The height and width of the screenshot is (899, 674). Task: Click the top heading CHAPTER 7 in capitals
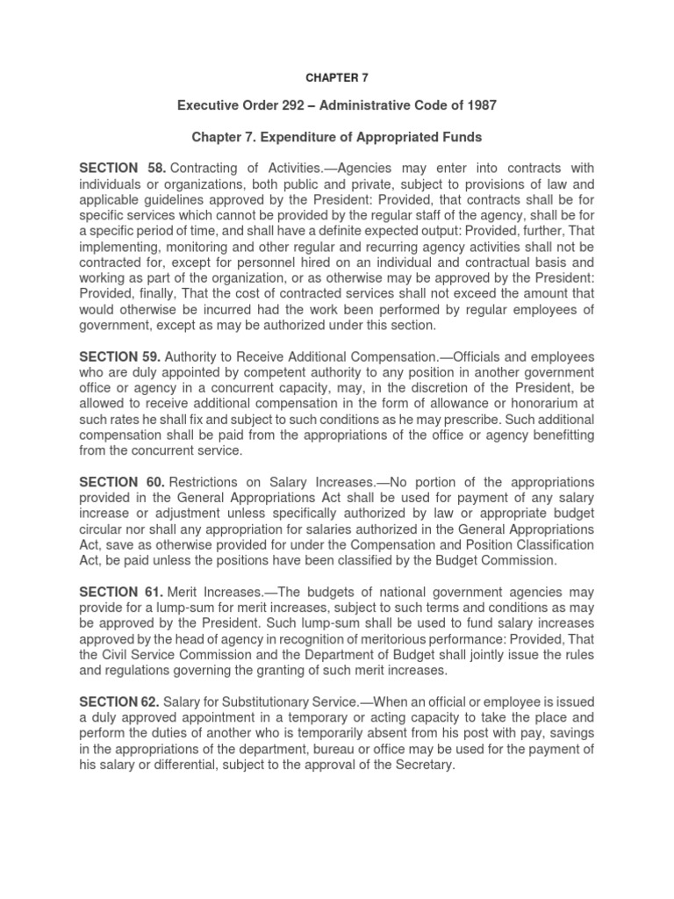(x=337, y=77)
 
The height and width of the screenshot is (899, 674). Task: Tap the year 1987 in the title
(x=477, y=106)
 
